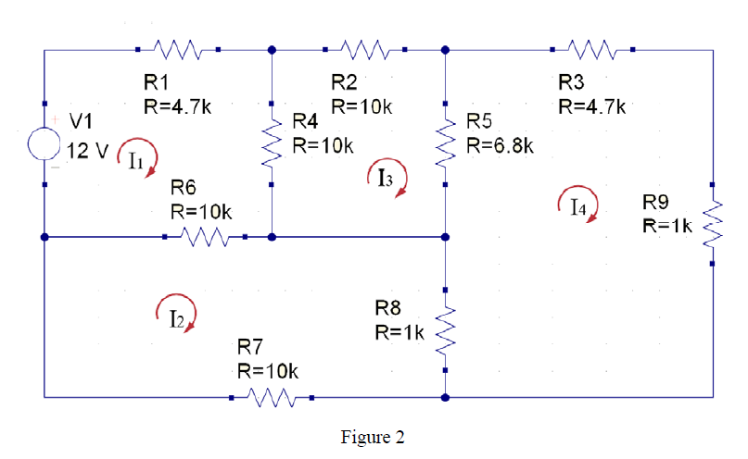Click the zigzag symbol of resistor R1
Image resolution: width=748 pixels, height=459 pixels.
(177, 48)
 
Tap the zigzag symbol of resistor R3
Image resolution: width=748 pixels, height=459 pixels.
(590, 48)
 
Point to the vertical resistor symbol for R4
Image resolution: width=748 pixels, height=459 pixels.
(272, 143)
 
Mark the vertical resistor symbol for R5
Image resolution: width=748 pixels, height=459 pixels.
(446, 143)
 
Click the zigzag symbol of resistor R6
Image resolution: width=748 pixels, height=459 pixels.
(205, 238)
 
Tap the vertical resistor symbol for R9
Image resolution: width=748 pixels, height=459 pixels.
(713, 223)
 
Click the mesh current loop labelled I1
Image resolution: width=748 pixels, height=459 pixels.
(135, 157)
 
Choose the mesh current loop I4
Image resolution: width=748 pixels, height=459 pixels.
(579, 203)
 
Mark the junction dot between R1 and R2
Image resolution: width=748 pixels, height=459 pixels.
(272, 50)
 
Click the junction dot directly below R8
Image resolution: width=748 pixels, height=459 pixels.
(446, 399)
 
